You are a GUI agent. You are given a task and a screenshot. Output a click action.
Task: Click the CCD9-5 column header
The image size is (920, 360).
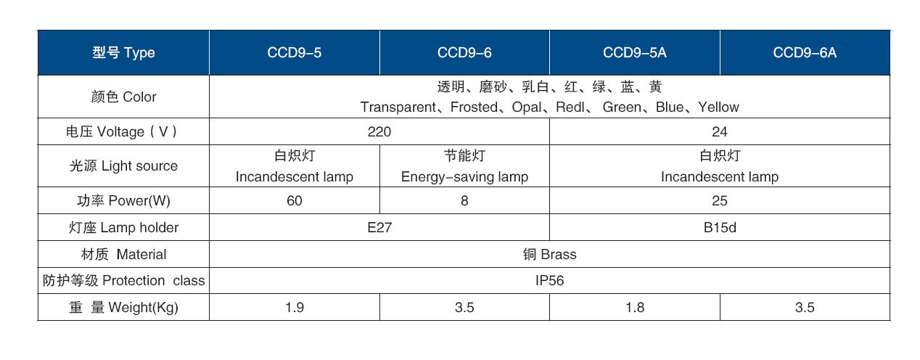click(294, 53)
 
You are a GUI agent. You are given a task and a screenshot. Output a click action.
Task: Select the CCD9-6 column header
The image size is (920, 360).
click(464, 53)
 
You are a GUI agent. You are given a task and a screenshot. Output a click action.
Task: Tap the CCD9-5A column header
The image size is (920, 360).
click(634, 53)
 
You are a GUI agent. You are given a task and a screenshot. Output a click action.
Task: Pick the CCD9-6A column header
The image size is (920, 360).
click(805, 53)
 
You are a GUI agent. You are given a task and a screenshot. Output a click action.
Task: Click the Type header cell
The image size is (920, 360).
click(123, 53)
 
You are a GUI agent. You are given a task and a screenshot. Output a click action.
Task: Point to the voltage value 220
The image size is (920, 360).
click(379, 131)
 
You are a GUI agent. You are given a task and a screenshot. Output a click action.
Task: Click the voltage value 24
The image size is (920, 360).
click(719, 131)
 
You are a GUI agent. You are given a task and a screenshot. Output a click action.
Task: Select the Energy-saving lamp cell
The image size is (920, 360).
click(464, 166)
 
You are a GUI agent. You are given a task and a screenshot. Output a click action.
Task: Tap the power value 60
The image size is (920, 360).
click(294, 200)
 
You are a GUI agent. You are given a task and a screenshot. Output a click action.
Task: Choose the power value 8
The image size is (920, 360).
click(464, 200)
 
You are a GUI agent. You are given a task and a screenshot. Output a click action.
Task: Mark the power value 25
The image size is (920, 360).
click(719, 200)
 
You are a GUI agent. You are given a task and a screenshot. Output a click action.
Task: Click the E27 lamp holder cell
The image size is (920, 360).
click(379, 227)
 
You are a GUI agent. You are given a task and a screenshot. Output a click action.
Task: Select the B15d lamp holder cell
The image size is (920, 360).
click(719, 227)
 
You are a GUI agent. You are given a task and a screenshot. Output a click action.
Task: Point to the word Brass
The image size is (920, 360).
click(558, 254)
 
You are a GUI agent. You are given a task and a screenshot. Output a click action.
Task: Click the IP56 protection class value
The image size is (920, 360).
click(549, 281)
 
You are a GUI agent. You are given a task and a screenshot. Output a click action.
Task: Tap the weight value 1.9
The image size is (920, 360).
click(294, 307)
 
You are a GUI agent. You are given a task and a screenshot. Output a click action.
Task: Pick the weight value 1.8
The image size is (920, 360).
click(634, 307)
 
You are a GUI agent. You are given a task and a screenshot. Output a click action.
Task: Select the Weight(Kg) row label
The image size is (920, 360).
click(123, 307)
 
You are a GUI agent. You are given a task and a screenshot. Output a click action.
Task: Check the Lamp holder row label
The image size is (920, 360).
click(123, 227)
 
